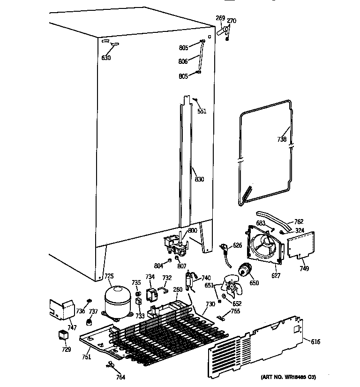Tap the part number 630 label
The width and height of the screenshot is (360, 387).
[x=106, y=58]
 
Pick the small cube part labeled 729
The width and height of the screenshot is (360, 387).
[x=62, y=335]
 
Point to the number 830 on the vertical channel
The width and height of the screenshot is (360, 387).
[x=199, y=179]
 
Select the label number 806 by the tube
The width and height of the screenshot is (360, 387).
[x=183, y=61]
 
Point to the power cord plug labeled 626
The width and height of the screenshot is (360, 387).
[x=225, y=247]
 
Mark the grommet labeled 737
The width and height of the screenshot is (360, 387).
[x=88, y=321]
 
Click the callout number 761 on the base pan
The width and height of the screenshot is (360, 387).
[x=85, y=357]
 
